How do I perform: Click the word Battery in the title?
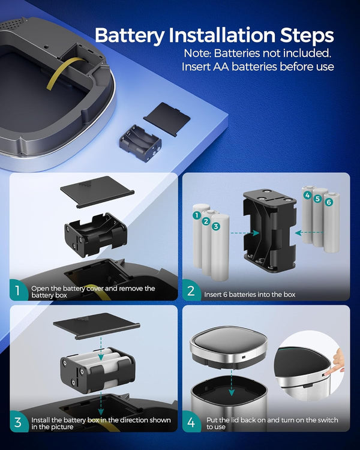click(129, 35)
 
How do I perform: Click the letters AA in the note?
click(221, 67)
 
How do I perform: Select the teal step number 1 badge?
click(18, 290)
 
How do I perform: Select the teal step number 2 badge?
click(191, 290)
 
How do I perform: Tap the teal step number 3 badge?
click(18, 422)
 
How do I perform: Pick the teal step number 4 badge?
click(191, 422)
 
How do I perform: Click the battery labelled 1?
click(197, 236)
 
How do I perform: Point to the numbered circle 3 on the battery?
click(215, 226)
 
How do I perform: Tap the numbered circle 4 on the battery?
click(307, 196)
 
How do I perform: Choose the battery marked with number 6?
click(332, 223)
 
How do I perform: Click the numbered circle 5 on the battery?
click(317, 199)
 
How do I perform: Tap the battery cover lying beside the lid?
click(167, 119)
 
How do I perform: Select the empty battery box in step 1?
click(96, 235)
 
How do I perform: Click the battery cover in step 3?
click(97, 326)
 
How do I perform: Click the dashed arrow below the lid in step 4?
click(232, 383)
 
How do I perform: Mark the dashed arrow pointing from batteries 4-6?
click(309, 233)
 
